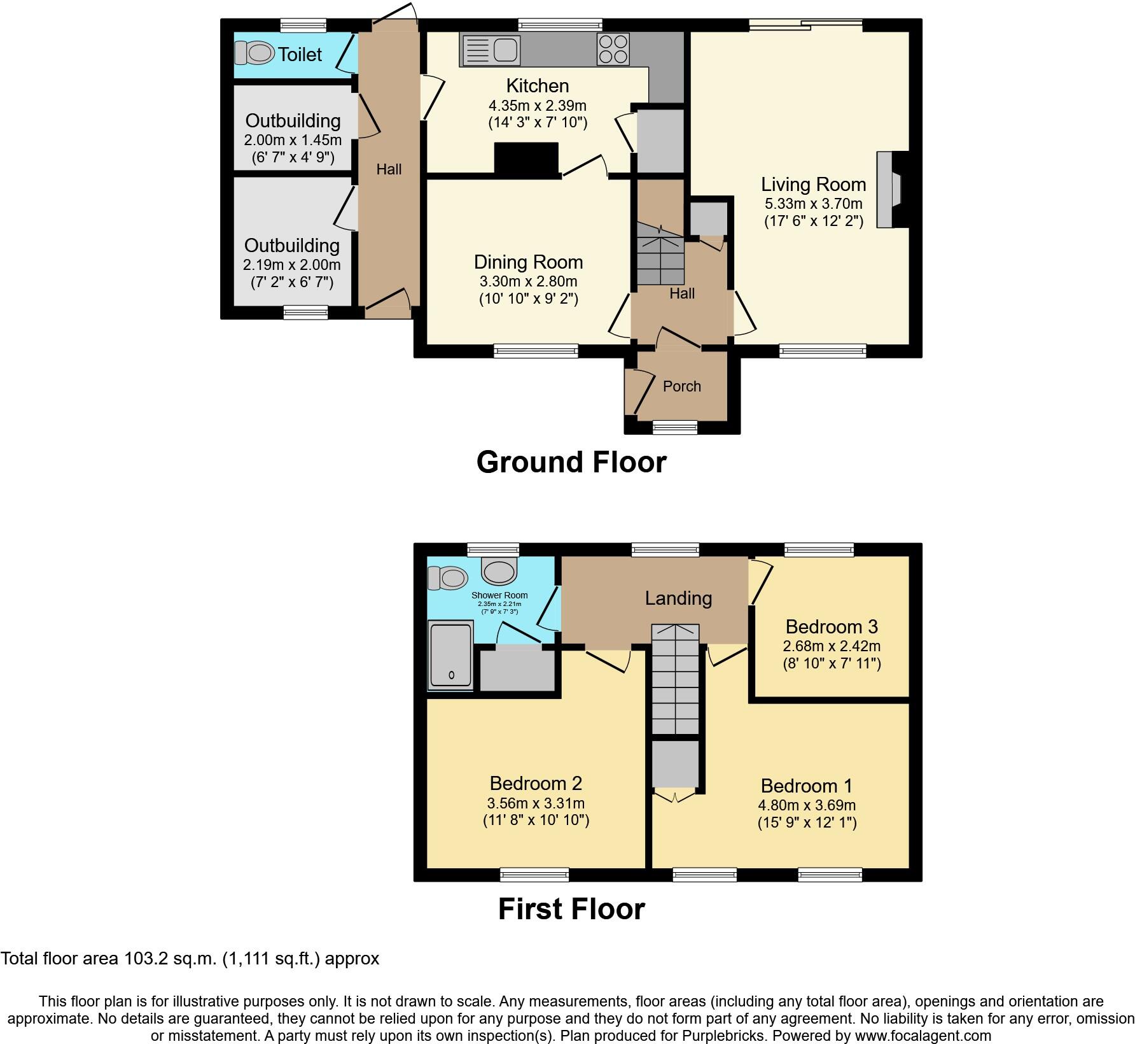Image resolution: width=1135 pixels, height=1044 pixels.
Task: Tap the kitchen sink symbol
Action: click(492, 50)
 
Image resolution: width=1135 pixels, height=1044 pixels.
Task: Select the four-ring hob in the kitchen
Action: click(613, 49)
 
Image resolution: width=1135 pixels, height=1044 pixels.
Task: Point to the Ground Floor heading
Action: click(571, 462)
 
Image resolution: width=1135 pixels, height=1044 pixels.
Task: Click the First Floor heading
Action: click(571, 909)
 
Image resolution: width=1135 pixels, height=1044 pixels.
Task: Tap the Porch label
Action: click(681, 386)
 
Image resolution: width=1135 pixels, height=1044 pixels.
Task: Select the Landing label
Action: click(678, 598)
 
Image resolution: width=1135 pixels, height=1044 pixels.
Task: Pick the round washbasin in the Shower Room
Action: click(499, 570)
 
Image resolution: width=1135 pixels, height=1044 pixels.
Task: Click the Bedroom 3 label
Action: click(832, 626)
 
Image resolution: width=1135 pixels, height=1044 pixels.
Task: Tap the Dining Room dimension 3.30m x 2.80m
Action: click(528, 281)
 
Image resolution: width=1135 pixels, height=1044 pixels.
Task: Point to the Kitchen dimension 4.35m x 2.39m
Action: click(537, 105)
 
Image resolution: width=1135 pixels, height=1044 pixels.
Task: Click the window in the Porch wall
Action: click(675, 427)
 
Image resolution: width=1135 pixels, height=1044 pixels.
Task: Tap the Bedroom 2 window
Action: click(534, 875)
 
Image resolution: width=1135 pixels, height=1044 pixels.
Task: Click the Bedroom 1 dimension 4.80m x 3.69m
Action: click(806, 805)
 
